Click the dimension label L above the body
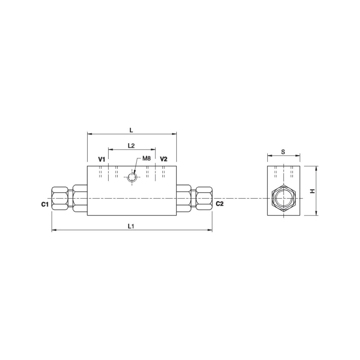(x=131, y=130)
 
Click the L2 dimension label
(x=131, y=146)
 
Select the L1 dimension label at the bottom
(x=131, y=226)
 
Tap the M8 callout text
(x=147, y=158)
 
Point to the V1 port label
(x=101, y=159)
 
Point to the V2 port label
(x=163, y=159)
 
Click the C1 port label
(x=45, y=204)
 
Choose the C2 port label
(x=220, y=204)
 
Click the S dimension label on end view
(x=283, y=152)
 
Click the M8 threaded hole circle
(x=132, y=177)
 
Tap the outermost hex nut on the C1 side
(x=60, y=198)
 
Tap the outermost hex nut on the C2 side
(x=204, y=198)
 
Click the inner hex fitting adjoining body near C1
(x=80, y=198)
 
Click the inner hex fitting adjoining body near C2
(x=184, y=198)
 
